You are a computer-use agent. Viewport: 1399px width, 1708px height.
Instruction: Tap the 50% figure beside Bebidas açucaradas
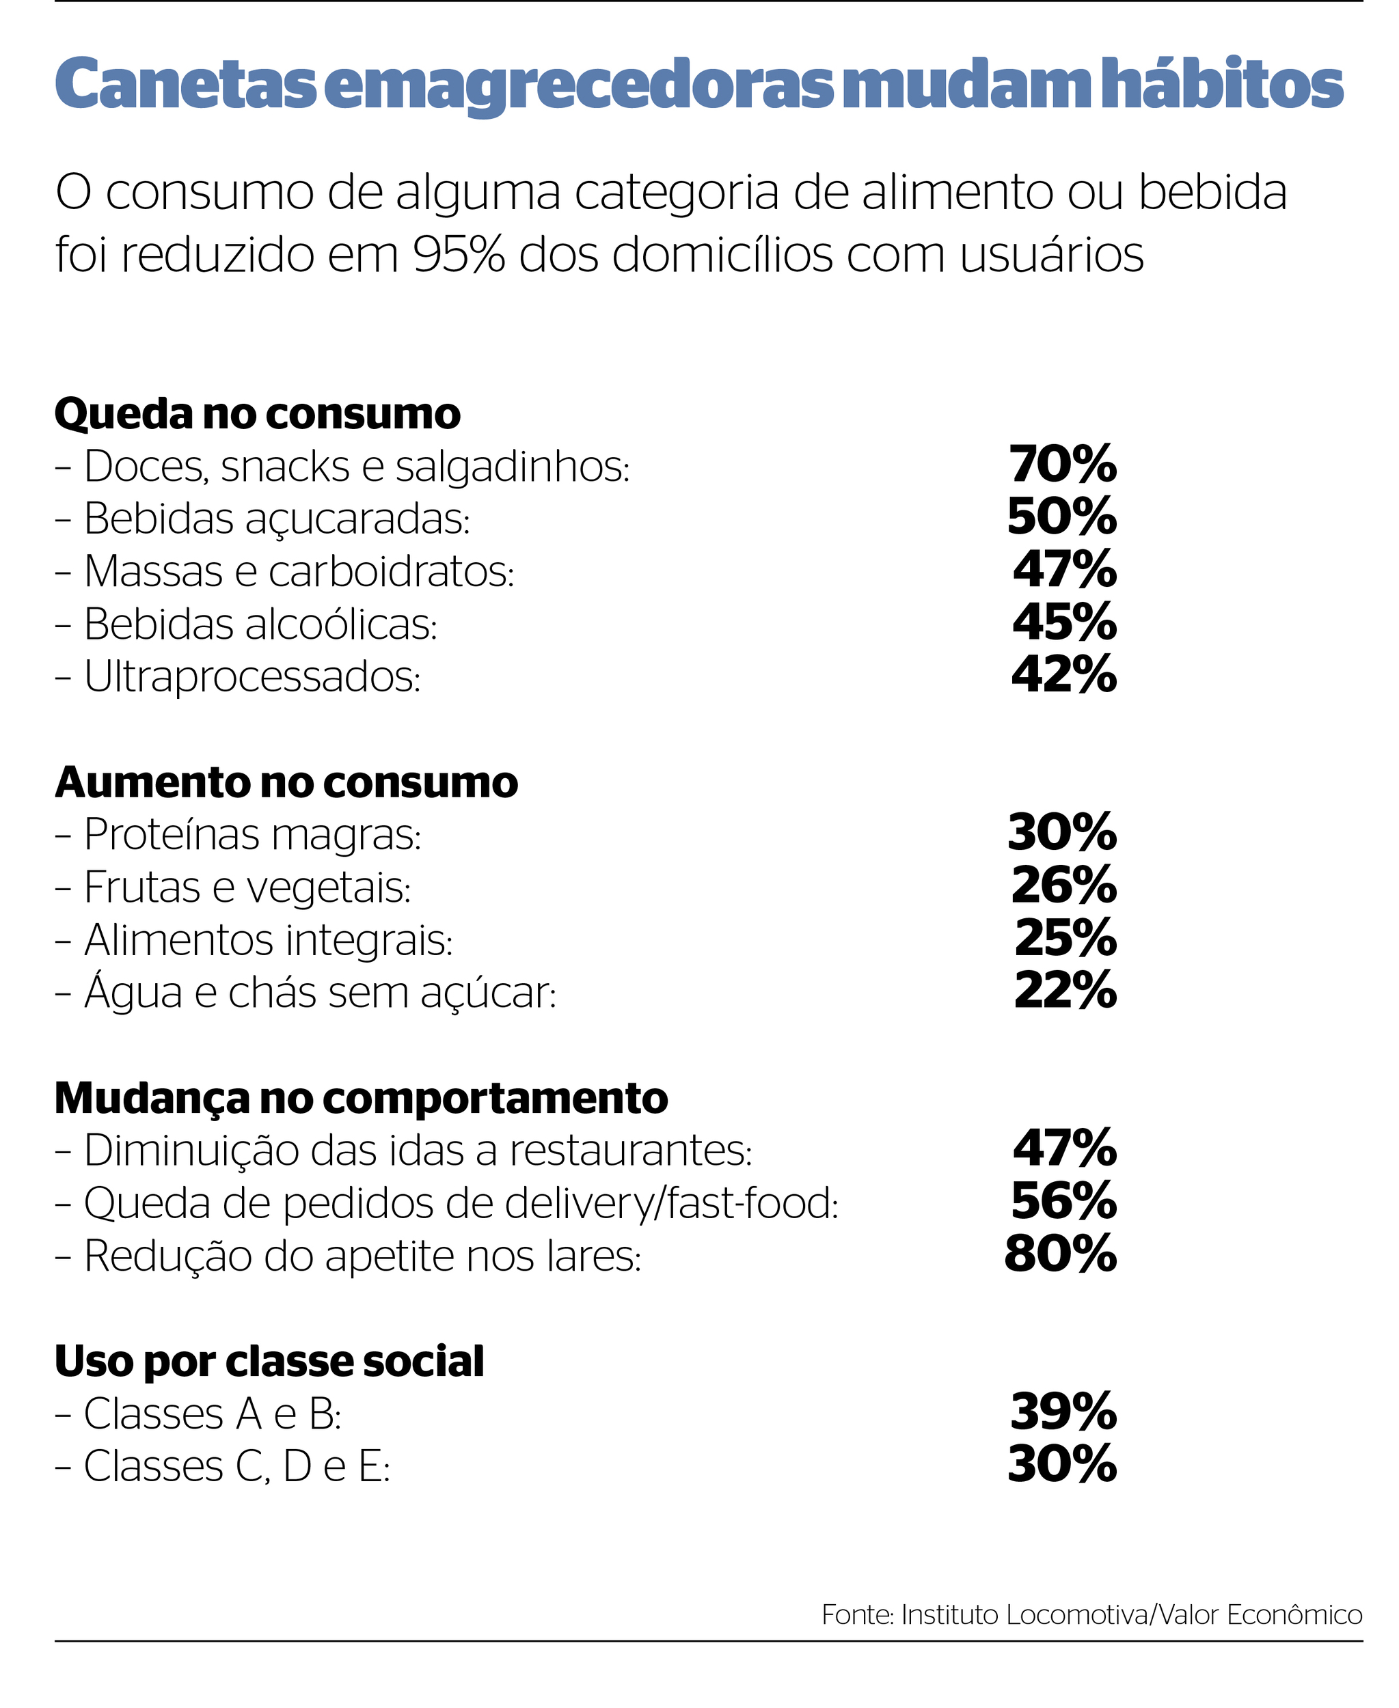[x=1062, y=517]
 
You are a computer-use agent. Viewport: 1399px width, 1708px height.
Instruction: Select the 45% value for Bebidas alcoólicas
[x=1063, y=623]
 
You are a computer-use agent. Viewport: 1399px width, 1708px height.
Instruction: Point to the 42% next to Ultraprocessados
[x=1063, y=675]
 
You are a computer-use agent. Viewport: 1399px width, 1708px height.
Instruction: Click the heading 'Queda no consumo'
[x=257, y=414]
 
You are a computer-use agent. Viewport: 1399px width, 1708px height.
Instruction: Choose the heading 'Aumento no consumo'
[x=286, y=782]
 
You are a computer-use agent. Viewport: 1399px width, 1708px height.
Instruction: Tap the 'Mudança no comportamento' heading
[x=361, y=1097]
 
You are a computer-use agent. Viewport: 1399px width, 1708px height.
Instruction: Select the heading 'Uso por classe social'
[x=269, y=1361]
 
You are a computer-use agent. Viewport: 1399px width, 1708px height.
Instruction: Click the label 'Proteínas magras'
[x=252, y=835]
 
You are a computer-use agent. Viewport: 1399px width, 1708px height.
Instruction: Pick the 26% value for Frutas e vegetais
[x=1063, y=886]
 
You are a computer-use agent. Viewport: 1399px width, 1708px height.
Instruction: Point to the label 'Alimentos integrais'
[x=267, y=939]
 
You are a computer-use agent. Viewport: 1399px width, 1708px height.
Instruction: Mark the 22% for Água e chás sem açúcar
[x=1065, y=991]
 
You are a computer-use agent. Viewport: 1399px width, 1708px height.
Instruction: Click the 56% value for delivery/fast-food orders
[x=1063, y=1202]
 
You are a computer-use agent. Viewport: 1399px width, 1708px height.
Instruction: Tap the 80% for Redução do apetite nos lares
[x=1061, y=1254]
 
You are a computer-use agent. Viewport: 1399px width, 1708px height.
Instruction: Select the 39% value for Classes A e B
[x=1063, y=1412]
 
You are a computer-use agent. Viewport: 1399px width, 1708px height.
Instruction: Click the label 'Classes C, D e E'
[x=236, y=1465]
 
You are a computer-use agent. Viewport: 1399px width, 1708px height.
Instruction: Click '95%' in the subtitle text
[x=458, y=256]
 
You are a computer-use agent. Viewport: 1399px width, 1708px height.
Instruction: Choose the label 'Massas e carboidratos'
[x=298, y=570]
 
